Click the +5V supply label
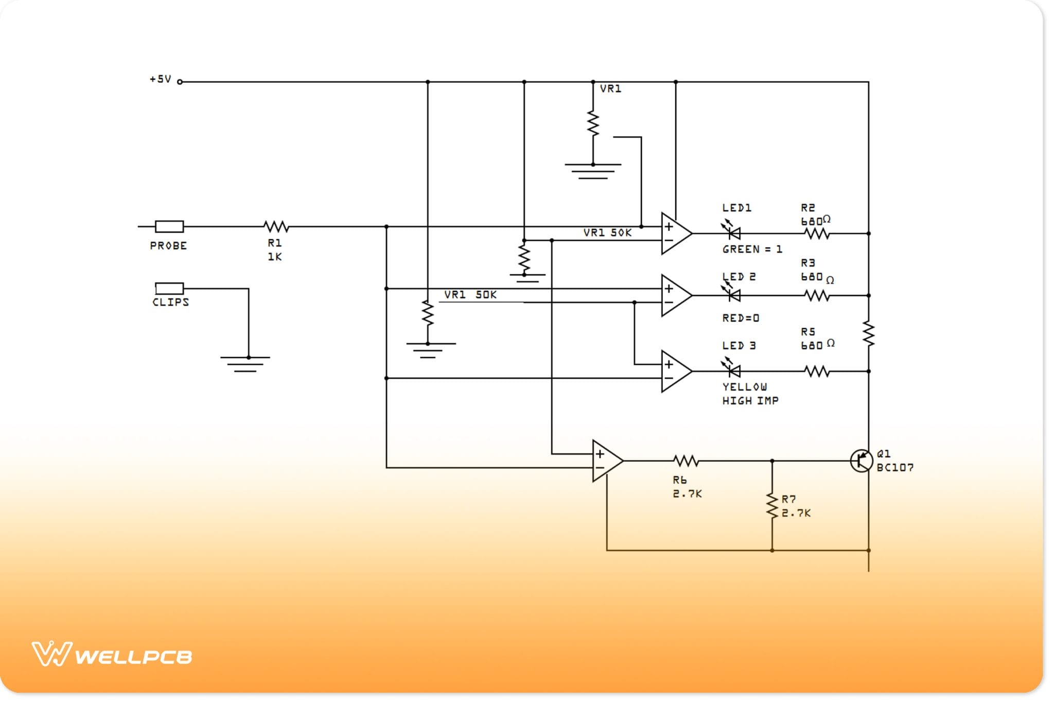(x=160, y=79)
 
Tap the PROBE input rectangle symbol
(x=169, y=226)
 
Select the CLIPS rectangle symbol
(x=169, y=288)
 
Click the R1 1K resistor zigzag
(x=276, y=226)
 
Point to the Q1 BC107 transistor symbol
(x=861, y=461)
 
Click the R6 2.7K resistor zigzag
(x=686, y=461)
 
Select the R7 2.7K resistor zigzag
(x=772, y=505)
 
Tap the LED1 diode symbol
(x=733, y=233)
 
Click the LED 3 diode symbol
(x=733, y=370)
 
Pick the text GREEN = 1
(x=752, y=250)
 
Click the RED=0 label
(x=741, y=318)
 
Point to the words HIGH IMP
(x=750, y=401)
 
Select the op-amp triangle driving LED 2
(x=675, y=295)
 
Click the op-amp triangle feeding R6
(x=606, y=461)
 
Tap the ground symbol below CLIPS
(x=245, y=363)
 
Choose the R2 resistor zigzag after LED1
(x=817, y=234)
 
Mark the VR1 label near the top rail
(x=610, y=89)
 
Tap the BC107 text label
(x=895, y=468)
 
